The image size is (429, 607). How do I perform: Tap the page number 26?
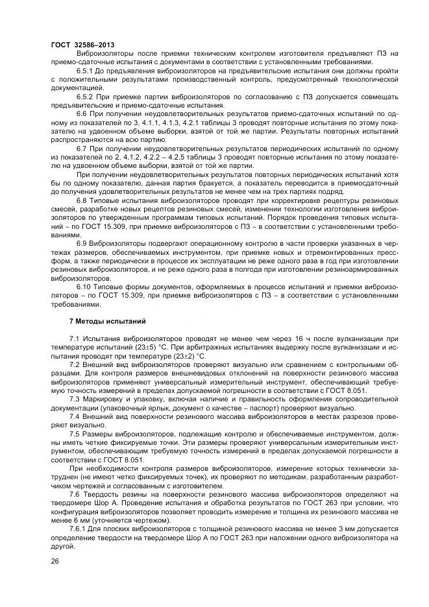(x=55, y=561)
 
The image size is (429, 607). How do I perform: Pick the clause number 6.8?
(x=82, y=201)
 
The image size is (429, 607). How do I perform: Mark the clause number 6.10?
(x=84, y=287)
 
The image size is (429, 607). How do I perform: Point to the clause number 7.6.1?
(x=80, y=529)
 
